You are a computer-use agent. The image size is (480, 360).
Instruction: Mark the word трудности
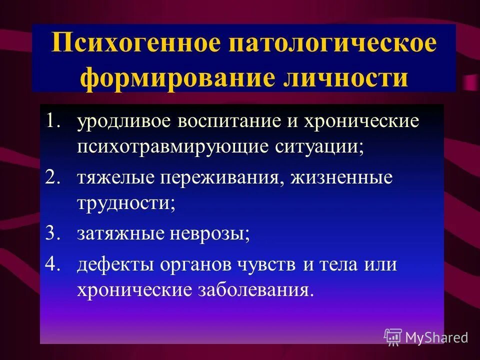pos(125,205)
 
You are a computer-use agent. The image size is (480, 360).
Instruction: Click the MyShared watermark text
pos(436,337)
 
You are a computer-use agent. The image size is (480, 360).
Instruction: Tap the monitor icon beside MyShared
pos(393,337)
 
